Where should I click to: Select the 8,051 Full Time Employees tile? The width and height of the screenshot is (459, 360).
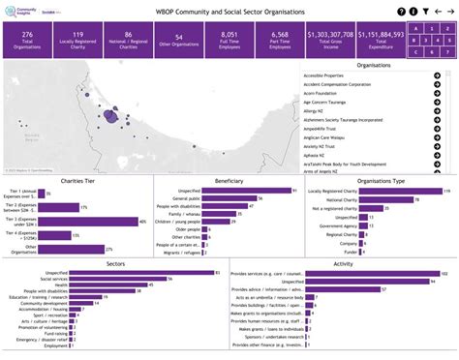[x=223, y=39]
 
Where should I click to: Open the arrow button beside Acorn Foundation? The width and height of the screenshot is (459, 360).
[x=437, y=101]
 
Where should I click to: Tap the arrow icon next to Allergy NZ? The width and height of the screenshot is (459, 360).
[x=437, y=118]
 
